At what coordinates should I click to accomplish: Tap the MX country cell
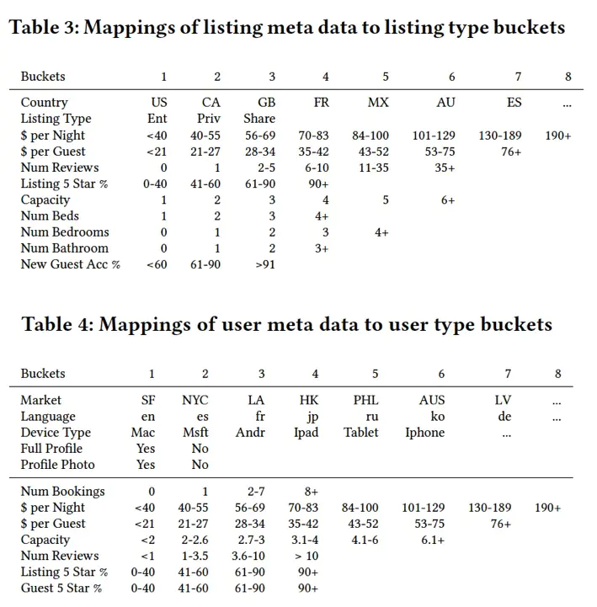[x=378, y=103]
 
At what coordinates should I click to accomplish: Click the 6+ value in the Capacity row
[x=446, y=200]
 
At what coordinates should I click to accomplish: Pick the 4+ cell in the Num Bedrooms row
[x=381, y=232]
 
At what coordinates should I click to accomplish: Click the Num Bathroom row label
[x=64, y=248]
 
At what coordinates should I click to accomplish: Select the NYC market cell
[x=195, y=401]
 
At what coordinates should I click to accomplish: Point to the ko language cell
[x=438, y=417]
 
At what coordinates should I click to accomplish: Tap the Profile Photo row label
[x=57, y=465]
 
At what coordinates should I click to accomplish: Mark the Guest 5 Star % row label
[x=61, y=588]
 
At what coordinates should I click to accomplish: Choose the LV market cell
[x=503, y=401]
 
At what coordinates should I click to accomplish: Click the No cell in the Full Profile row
[x=200, y=449]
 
